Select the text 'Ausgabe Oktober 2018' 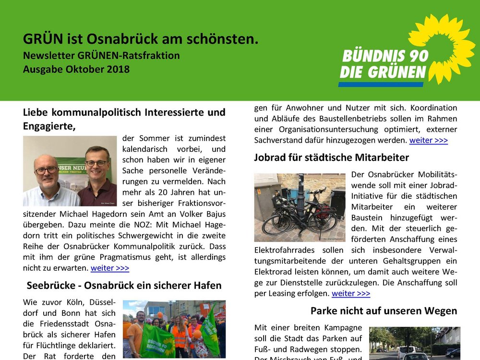76,69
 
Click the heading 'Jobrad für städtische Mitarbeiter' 331,157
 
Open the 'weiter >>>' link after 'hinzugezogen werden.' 428,140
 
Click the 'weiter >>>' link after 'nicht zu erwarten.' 109,268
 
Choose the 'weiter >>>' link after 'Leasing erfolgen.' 350,293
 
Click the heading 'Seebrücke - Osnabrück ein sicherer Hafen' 124,286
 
